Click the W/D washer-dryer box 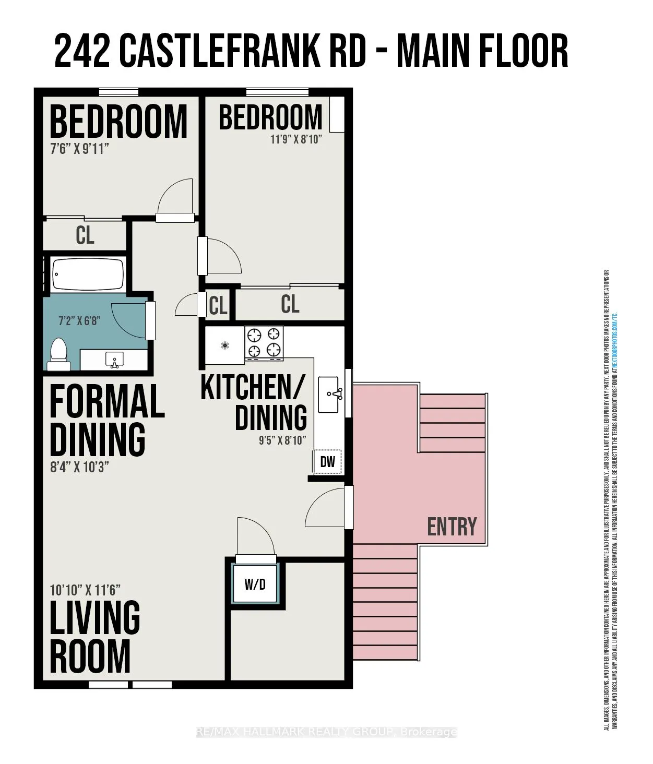[x=255, y=584]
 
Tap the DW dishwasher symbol [x=327, y=461]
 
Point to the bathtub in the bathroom [x=88, y=274]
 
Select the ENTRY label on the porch [x=452, y=527]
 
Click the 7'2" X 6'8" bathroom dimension [x=78, y=320]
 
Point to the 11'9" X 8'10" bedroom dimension [x=296, y=140]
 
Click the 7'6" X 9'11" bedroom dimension [x=79, y=149]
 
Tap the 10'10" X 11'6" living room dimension [x=85, y=590]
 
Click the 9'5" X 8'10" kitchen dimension [x=282, y=440]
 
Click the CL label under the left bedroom [x=85, y=235]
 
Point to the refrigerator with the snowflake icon [x=225, y=345]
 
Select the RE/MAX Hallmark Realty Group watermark [x=326, y=732]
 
